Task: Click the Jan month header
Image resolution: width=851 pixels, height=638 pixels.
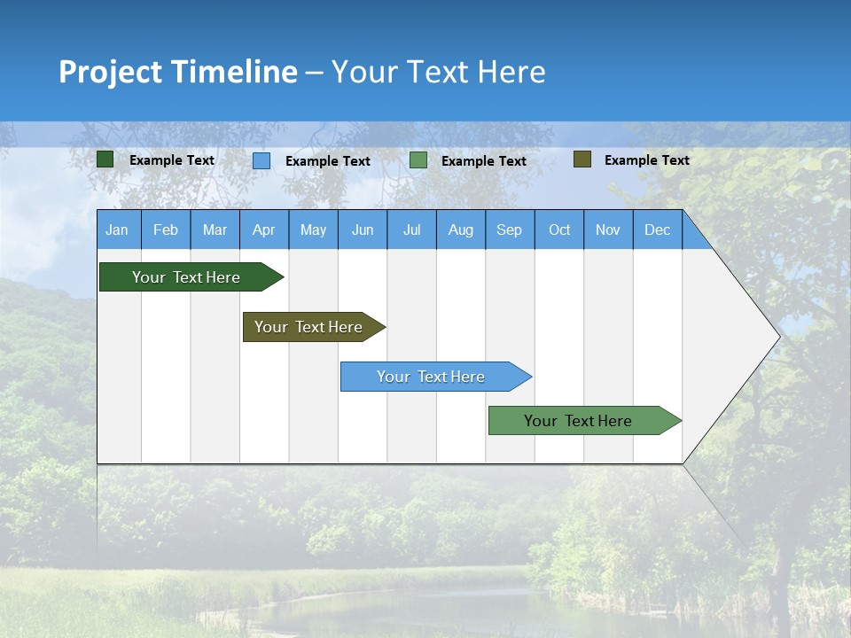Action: click(117, 230)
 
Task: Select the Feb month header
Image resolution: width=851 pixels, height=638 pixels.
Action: click(166, 230)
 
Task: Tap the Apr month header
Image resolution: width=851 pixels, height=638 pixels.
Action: click(264, 230)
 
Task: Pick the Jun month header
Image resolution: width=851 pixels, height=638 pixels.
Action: click(363, 230)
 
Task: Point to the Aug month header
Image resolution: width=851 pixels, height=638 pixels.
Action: click(461, 230)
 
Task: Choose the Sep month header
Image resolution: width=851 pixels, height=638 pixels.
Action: click(510, 230)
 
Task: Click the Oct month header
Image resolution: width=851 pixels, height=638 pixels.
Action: click(559, 230)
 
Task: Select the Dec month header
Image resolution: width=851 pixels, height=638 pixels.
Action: click(658, 230)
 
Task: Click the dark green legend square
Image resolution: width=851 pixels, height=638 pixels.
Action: click(105, 159)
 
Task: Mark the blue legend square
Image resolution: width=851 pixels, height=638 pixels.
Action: click(262, 160)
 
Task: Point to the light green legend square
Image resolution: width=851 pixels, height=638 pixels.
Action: click(418, 160)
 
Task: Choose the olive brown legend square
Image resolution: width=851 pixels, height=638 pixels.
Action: click(582, 159)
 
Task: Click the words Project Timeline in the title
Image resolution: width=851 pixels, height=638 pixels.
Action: click(178, 72)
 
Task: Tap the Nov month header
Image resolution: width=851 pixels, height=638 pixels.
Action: click(608, 230)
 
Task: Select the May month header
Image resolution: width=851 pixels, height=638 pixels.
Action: click(313, 230)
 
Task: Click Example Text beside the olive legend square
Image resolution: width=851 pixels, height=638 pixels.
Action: click(646, 160)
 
